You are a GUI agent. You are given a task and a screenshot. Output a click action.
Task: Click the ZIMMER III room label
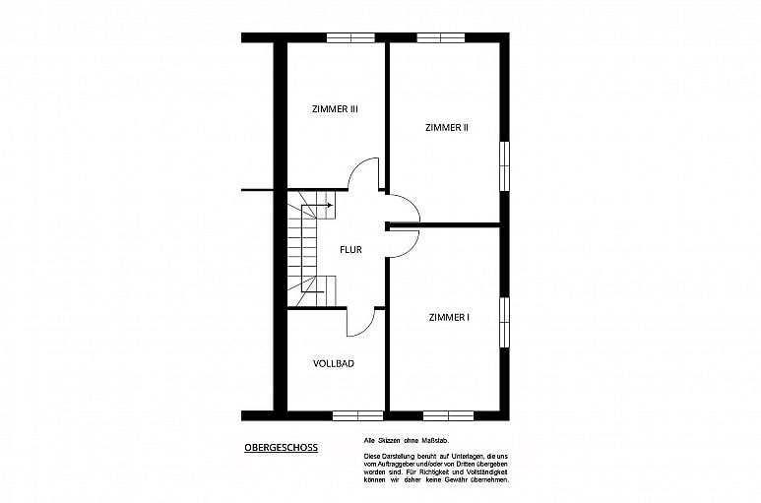pyautogui.click(x=335, y=109)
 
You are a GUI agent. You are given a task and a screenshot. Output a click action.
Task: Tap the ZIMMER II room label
pyautogui.click(x=447, y=128)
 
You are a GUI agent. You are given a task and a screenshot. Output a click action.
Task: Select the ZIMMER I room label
pyautogui.click(x=449, y=317)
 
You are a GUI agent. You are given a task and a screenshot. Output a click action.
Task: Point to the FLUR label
pyautogui.click(x=350, y=250)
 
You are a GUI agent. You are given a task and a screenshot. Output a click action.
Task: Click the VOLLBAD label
pyautogui.click(x=334, y=363)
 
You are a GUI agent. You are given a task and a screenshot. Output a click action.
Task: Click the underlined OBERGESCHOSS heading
pyautogui.click(x=281, y=447)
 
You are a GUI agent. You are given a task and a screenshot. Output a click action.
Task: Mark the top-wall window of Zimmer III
pyautogui.click(x=350, y=37)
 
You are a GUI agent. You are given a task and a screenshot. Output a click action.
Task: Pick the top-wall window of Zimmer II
pyautogui.click(x=441, y=37)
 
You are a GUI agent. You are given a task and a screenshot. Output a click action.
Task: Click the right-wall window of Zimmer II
pyautogui.click(x=505, y=166)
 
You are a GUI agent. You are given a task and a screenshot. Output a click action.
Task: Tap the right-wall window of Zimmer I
pyautogui.click(x=505, y=322)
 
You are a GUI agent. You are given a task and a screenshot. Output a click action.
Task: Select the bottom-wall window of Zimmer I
pyautogui.click(x=449, y=415)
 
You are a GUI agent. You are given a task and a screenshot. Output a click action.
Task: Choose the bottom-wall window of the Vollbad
pyautogui.click(x=357, y=415)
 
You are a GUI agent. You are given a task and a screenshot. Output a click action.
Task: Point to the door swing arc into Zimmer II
pyautogui.click(x=411, y=203)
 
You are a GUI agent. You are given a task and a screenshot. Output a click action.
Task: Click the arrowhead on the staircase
pyautogui.click(x=330, y=205)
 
